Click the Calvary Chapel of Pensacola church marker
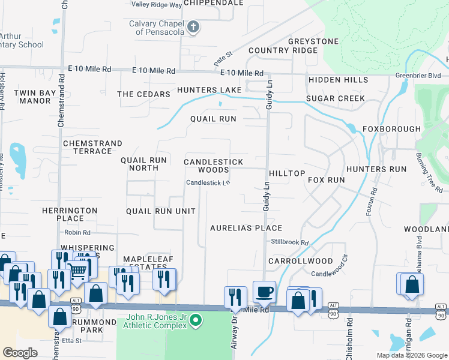(x=193, y=26)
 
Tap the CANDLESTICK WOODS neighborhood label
(x=214, y=166)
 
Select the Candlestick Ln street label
(x=208, y=183)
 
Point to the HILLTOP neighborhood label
(x=287, y=173)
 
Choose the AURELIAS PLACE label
(x=246, y=229)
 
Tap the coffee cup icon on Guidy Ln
(x=264, y=292)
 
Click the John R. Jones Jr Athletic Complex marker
(x=194, y=322)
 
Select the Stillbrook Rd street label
(x=289, y=242)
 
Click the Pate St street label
(x=223, y=59)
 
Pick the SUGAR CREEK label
(x=335, y=98)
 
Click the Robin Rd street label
(x=77, y=232)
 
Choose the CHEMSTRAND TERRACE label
(x=92, y=148)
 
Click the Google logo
(x=20, y=352)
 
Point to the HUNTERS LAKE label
(x=209, y=91)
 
